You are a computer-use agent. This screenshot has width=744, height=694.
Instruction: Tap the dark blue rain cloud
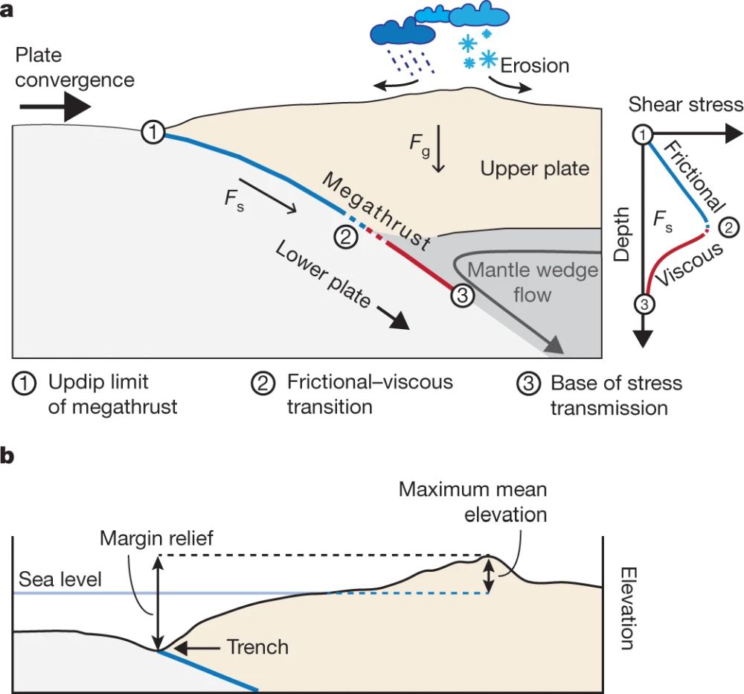tap(403, 31)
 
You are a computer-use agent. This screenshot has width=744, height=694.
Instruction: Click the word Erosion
tap(534, 65)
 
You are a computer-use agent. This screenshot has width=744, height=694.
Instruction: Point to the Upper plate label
tap(534, 168)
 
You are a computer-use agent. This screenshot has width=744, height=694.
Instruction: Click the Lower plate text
tap(322, 274)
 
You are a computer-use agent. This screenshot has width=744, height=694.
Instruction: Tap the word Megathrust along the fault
tap(376, 211)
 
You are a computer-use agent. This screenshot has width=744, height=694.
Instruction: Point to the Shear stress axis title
tap(685, 104)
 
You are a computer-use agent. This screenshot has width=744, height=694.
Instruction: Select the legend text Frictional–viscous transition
tap(369, 395)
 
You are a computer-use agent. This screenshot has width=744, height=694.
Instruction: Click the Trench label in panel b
tap(257, 647)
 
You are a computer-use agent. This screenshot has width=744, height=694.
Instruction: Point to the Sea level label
tap(61, 579)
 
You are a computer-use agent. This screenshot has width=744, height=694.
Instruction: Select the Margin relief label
tap(157, 538)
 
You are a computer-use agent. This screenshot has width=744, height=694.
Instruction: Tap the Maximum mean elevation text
tap(473, 502)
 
